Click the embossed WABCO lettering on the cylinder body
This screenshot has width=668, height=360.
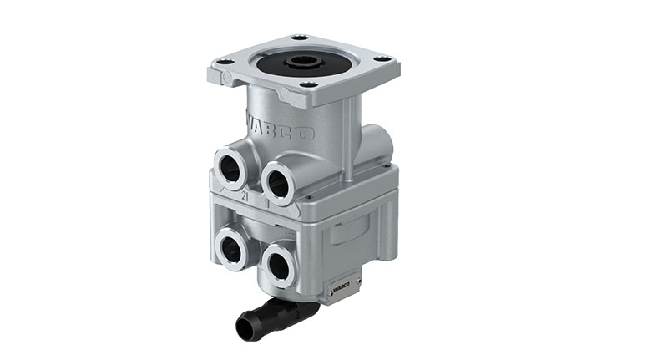click(279, 127)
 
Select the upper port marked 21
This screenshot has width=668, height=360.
click(230, 167)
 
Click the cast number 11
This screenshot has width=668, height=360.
click(266, 201)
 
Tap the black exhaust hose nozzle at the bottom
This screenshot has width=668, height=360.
click(276, 318)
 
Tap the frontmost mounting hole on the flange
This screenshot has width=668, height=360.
click(308, 85)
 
